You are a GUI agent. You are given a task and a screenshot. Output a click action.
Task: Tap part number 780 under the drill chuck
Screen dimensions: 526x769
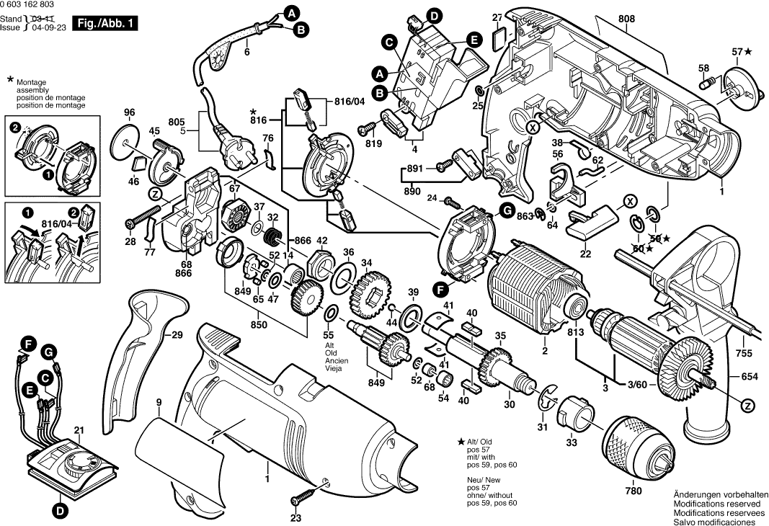coord(633,491)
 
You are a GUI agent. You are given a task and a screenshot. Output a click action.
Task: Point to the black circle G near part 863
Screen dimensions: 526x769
coord(507,210)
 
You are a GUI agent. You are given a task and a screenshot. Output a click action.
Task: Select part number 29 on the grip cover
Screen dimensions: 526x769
coord(177,334)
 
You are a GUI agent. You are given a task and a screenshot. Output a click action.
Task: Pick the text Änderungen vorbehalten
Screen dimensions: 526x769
coord(715,494)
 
